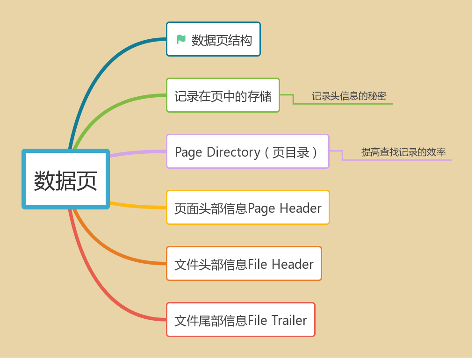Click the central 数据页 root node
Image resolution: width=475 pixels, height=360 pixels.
(x=65, y=179)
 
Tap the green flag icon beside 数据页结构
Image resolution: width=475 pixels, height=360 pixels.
(x=181, y=39)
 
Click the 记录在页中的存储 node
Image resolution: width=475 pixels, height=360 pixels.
(x=223, y=96)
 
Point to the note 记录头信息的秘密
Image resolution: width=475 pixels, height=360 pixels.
(x=349, y=96)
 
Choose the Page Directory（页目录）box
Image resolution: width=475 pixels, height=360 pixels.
(x=247, y=151)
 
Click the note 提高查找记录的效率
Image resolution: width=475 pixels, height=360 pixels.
(x=403, y=152)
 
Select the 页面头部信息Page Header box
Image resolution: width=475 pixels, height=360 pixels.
(x=247, y=208)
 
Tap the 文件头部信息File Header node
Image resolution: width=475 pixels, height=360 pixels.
(x=244, y=264)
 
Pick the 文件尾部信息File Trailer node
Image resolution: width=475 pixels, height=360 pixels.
(x=240, y=320)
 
